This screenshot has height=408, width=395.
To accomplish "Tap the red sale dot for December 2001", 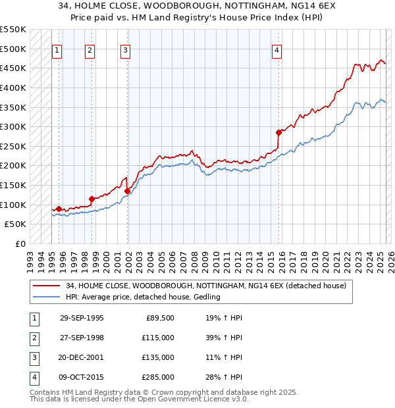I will click(x=127, y=191).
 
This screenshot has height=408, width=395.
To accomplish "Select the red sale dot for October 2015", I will click(x=278, y=133).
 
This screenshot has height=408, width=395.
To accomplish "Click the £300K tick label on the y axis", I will click(x=13, y=126).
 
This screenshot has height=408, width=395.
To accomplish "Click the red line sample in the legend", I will click(x=47, y=286).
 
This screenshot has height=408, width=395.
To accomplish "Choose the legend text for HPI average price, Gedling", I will click(x=143, y=297).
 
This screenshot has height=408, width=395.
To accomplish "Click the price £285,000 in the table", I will click(x=159, y=377).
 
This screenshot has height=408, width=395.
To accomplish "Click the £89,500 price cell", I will click(x=160, y=318).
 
